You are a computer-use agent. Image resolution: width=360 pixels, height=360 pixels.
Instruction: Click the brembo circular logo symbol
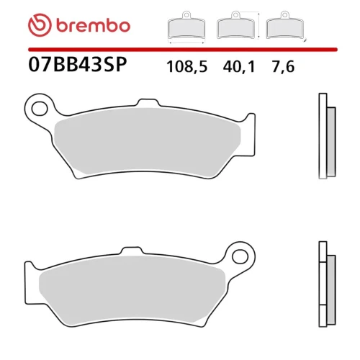(40, 25)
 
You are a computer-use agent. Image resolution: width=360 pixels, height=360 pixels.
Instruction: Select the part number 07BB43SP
(77, 65)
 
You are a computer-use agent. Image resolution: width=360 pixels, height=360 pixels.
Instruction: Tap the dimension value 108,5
(186, 66)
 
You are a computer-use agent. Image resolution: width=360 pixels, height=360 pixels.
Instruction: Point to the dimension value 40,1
(238, 66)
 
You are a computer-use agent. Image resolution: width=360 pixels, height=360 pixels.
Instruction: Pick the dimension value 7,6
(283, 66)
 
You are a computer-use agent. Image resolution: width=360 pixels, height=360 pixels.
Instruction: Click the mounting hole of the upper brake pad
(40, 109)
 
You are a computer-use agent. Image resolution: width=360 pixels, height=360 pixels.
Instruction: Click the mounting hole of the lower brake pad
(240, 257)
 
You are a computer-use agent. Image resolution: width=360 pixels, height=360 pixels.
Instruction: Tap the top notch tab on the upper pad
(148, 103)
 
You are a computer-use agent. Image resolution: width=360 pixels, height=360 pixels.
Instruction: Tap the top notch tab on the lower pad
(132, 251)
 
